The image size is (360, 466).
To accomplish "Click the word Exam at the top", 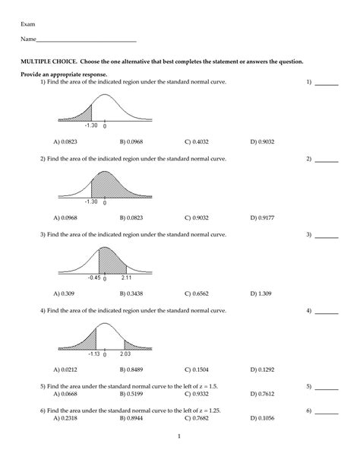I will pos(27,24).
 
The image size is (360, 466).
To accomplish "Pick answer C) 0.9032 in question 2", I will pos(197,217).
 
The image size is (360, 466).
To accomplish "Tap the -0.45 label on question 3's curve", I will pos(94,277).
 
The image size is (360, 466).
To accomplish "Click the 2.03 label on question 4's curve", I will pos(125,353).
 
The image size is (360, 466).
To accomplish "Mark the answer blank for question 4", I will pos(327,312).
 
